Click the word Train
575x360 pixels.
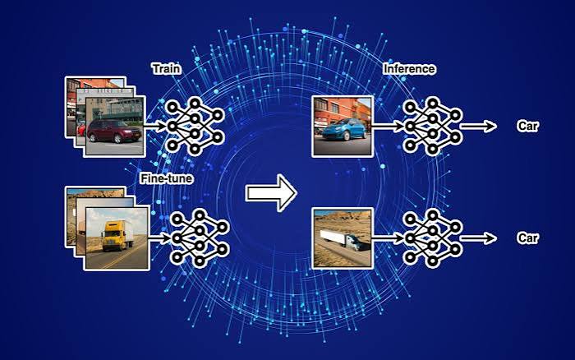click(x=167, y=69)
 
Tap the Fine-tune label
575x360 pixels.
click(x=167, y=178)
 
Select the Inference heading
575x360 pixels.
click(x=409, y=69)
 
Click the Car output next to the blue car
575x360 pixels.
click(x=527, y=127)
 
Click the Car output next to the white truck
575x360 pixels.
click(x=527, y=238)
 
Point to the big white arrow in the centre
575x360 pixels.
click(x=270, y=192)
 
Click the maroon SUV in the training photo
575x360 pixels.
click(x=114, y=131)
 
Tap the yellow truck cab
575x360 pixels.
click(x=110, y=235)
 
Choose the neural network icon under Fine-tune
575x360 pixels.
click(x=199, y=238)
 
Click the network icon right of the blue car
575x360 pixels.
click(x=433, y=127)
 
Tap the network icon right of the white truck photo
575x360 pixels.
click(x=433, y=238)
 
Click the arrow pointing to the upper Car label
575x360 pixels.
click(x=478, y=127)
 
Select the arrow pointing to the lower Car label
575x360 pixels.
click(x=478, y=238)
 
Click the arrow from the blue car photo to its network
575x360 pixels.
click(x=388, y=127)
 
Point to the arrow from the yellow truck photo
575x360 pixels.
click(x=161, y=238)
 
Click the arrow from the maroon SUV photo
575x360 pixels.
click(x=155, y=127)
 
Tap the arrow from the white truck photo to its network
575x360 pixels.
click(x=388, y=238)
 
